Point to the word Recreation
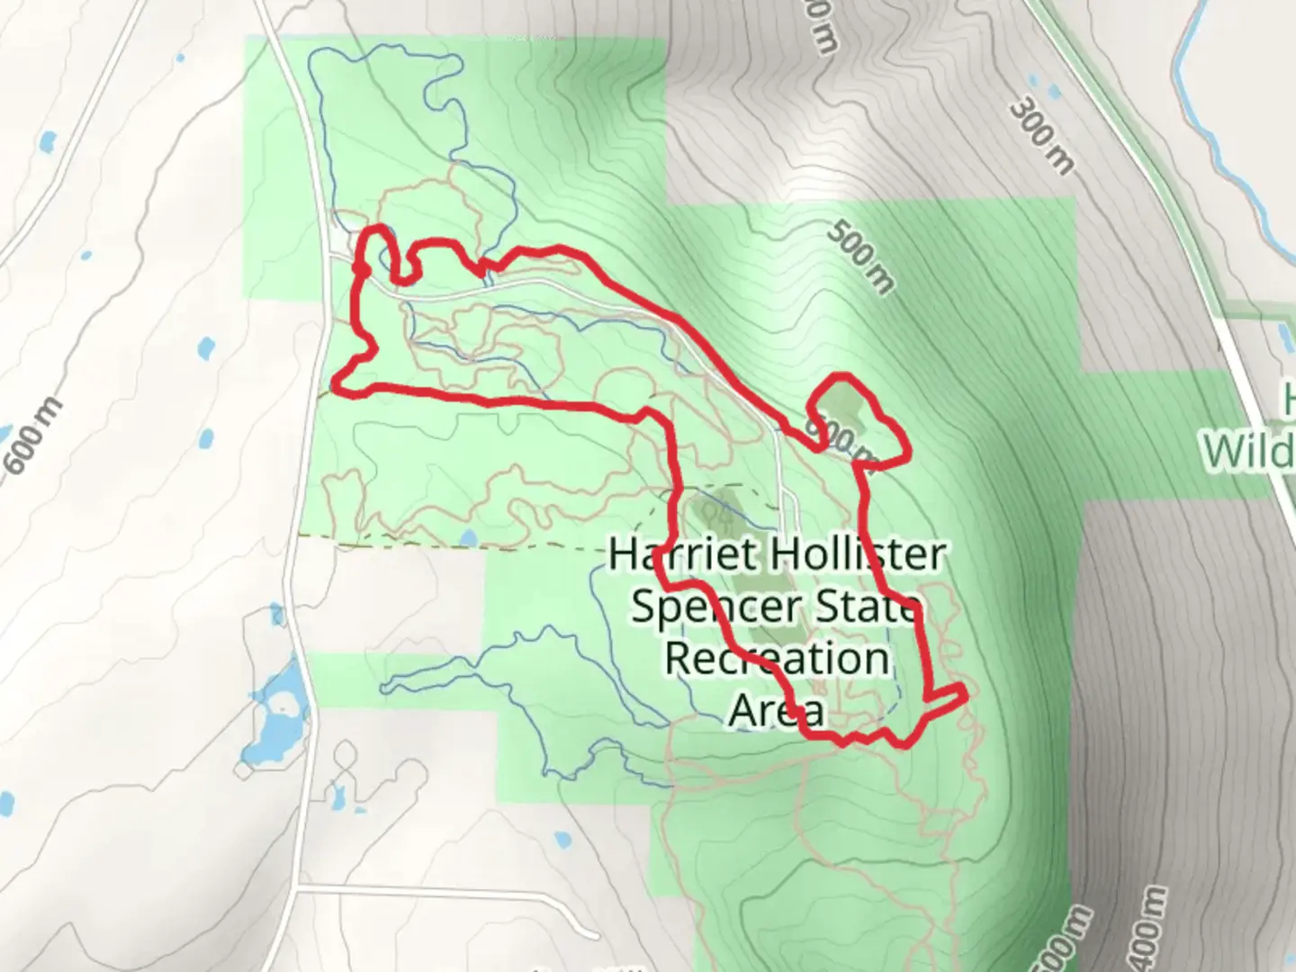click(x=777, y=658)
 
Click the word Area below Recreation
click(x=775, y=709)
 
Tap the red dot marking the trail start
click(x=361, y=268)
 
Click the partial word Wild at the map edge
click(x=1251, y=450)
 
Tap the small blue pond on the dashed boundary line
click(x=467, y=539)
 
